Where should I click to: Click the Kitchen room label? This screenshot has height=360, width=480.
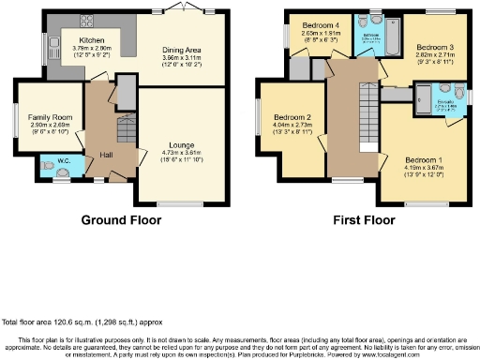pos(92,40)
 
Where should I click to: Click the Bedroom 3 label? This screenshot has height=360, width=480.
pos(436,46)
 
